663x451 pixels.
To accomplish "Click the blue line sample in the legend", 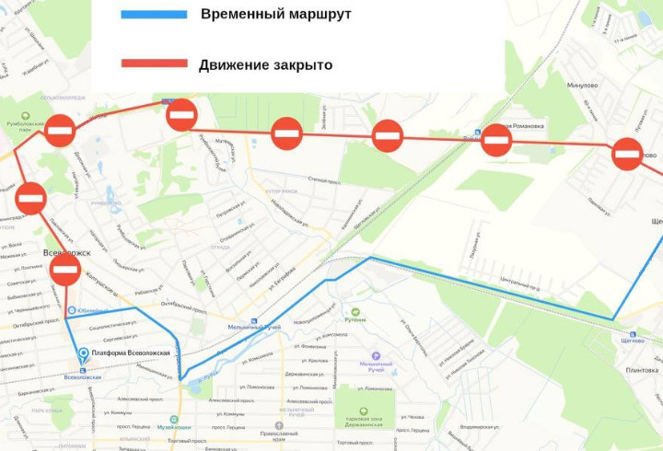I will pos(154,15).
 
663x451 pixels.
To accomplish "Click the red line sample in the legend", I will pos(154,64).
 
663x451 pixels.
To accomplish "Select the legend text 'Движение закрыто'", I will pos(265,64).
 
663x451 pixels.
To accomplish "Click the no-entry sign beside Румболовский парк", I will pos(61,130).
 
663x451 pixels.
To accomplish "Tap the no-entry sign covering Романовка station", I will pos(497,141).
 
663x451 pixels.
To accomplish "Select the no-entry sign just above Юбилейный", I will pos(65,270).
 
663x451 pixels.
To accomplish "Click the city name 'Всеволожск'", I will pos(66,251).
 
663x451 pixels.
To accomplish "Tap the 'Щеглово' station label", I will pos(633,341).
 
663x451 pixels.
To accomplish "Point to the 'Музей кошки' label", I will pos(173,427).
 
